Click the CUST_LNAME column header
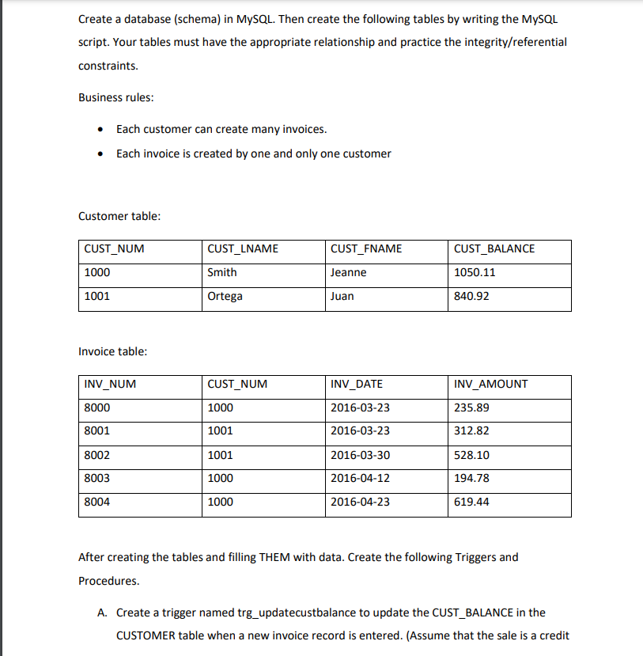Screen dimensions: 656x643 coord(243,248)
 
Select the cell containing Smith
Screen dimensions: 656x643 coord(221,272)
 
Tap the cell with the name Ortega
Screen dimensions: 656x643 coord(225,296)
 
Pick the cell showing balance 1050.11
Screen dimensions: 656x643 coord(475,272)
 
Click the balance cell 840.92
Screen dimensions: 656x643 coord(471,296)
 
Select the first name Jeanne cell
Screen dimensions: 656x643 coord(349,272)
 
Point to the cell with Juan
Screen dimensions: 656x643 coord(342,296)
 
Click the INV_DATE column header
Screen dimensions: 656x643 coord(357,384)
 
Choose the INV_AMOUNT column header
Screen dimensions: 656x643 coord(491,384)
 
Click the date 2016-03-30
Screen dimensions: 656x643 coord(360,455)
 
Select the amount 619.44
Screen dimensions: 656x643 coord(471,502)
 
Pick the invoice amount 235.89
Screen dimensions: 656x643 coord(471,408)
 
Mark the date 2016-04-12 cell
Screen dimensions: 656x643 coord(360,478)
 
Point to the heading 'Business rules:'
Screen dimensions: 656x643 coord(116,97)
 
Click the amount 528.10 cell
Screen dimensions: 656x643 coord(471,455)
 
